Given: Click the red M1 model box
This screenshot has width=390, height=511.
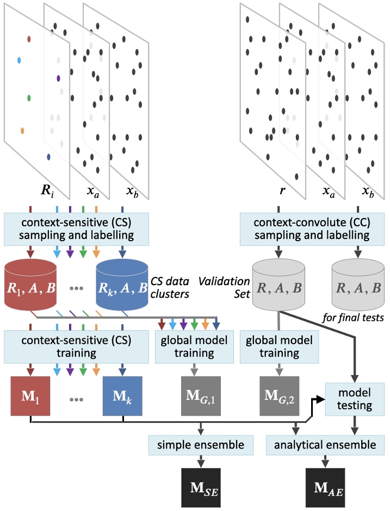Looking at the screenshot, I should [30, 394].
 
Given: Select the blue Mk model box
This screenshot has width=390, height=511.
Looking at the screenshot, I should [123, 394].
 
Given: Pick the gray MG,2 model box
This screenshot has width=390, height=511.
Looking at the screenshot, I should [278, 394].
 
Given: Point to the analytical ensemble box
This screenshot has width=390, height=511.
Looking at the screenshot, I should [325, 445].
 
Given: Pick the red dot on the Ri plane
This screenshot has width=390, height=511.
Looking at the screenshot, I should [29, 39].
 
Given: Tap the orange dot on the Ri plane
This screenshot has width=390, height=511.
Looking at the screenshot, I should [22, 131].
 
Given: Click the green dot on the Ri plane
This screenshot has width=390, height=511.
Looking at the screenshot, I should [29, 98].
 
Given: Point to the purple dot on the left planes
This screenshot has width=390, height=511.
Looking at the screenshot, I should [58, 78].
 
